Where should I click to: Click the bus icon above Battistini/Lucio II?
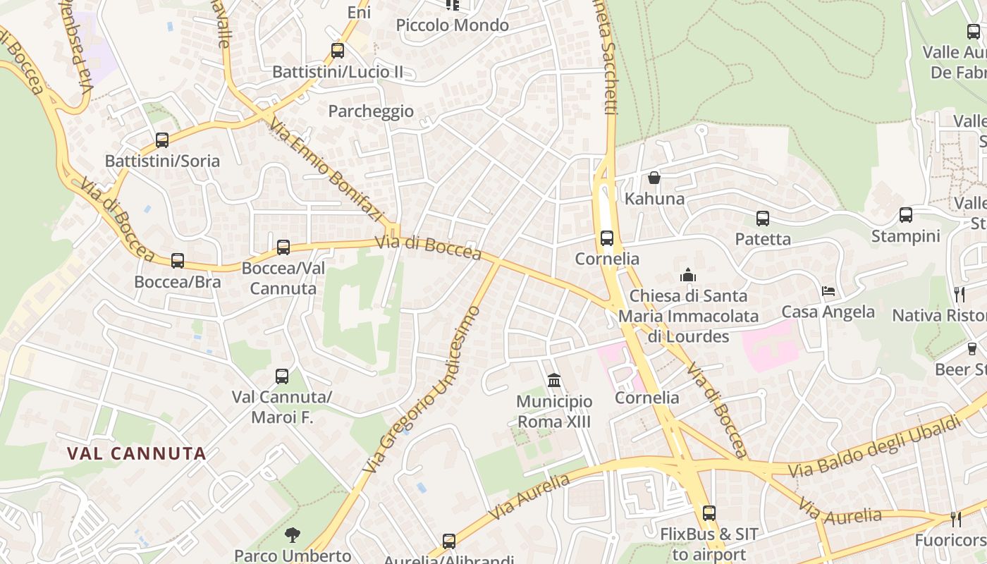(x=338, y=51)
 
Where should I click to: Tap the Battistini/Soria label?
(x=162, y=161)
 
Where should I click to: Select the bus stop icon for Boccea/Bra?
(x=178, y=261)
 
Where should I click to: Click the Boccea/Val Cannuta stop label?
(x=283, y=278)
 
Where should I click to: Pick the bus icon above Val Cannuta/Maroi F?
(x=282, y=376)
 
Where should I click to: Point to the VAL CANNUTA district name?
(x=137, y=453)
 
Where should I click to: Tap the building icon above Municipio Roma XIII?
(x=554, y=381)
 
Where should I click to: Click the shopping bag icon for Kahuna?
(x=654, y=178)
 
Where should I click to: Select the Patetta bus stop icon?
(x=763, y=219)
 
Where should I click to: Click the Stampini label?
(x=906, y=235)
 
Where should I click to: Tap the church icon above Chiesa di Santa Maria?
(x=688, y=275)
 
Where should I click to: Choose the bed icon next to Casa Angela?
(x=828, y=291)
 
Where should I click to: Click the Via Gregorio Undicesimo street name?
(x=422, y=390)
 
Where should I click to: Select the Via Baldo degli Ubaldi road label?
(x=874, y=447)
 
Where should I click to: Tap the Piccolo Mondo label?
(x=452, y=25)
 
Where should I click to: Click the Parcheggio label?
(x=371, y=111)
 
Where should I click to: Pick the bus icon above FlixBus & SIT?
(x=709, y=513)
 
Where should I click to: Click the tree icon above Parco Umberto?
(x=292, y=535)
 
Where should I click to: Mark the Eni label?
(x=359, y=13)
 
